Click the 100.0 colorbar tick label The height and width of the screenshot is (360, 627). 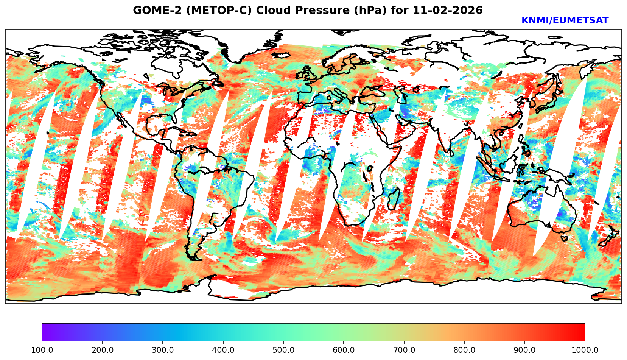pyautogui.click(x=42, y=350)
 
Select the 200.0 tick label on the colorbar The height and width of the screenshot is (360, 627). pyautogui.click(x=102, y=350)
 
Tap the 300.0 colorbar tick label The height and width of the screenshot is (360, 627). pyautogui.click(x=162, y=350)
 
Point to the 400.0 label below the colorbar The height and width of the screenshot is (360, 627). pyautogui.click(x=223, y=350)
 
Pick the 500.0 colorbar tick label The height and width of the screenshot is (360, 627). pyautogui.click(x=283, y=350)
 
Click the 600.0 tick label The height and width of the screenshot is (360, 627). pyautogui.click(x=344, y=350)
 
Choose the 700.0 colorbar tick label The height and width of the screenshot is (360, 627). pyautogui.click(x=404, y=350)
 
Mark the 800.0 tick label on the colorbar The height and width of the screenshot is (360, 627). pyautogui.click(x=464, y=350)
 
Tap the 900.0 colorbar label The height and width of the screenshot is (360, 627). pyautogui.click(x=524, y=350)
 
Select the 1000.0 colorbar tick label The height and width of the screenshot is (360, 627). pyautogui.click(x=585, y=350)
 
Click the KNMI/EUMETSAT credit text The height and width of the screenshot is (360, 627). pyautogui.click(x=565, y=21)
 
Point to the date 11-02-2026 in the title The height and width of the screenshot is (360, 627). pyautogui.click(x=448, y=11)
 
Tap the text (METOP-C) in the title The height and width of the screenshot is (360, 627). pyautogui.click(x=215, y=11)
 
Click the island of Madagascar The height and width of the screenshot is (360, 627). pyautogui.click(x=394, y=199)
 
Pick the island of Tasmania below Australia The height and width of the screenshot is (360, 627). pyautogui.click(x=564, y=238)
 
